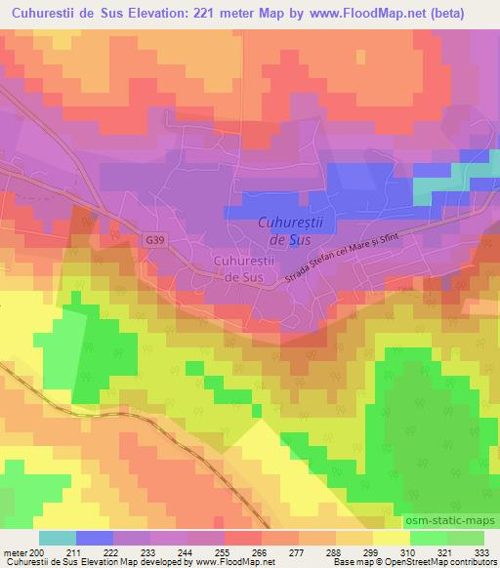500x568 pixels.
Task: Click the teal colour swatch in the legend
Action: pyautogui.click(x=57, y=538)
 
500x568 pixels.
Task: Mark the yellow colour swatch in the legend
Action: pyautogui.click(x=391, y=538)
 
